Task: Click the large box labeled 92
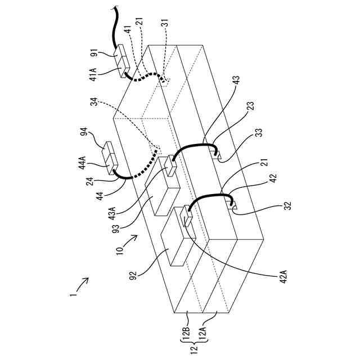point(174,242)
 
